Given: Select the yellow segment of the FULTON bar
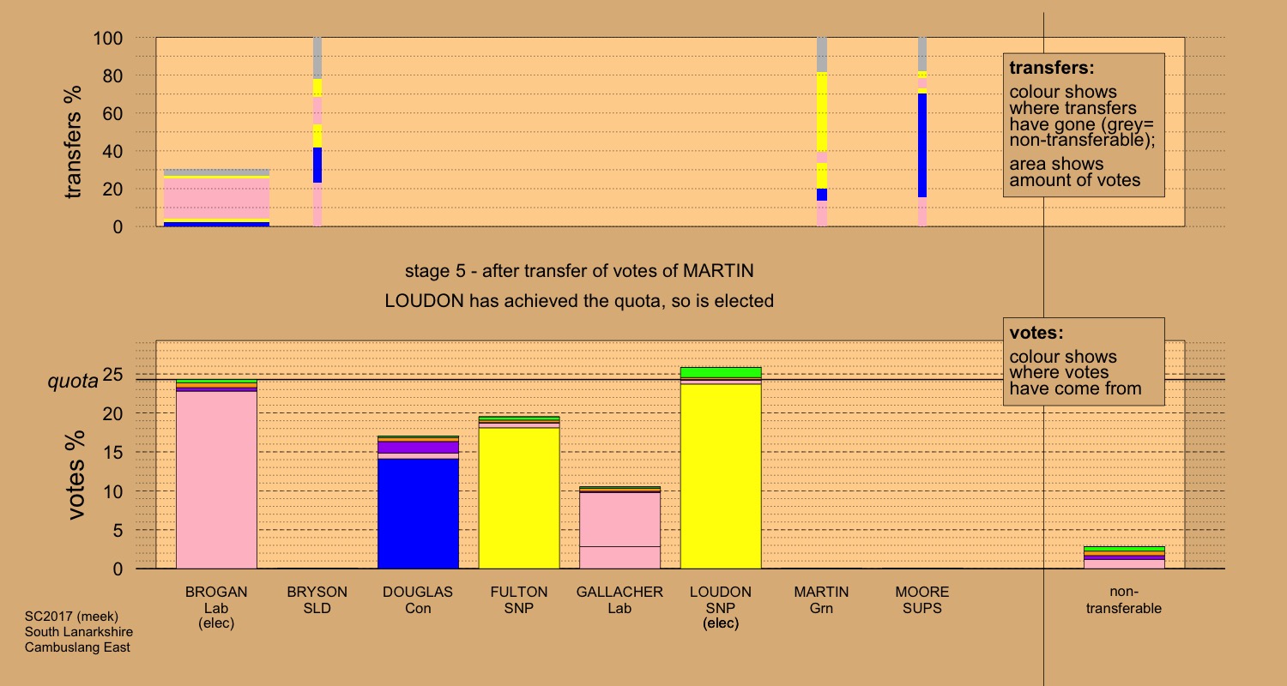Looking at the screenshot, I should [519, 497].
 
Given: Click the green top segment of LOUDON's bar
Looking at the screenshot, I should [721, 372].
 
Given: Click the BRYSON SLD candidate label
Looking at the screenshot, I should [317, 600].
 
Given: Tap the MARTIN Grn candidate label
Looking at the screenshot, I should [821, 600].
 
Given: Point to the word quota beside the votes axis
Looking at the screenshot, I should [72, 382].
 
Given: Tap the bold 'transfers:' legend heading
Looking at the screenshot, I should [1052, 68].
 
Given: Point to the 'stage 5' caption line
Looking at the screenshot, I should [579, 272].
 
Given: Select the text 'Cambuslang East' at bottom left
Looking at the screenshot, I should [77, 647].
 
